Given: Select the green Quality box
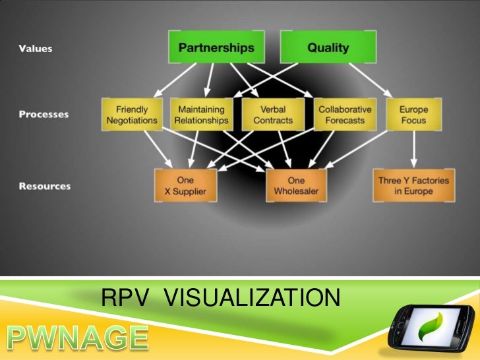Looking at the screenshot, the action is [x=328, y=48].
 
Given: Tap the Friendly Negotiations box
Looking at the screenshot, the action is [x=132, y=115].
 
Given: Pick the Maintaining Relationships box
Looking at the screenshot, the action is [x=201, y=115].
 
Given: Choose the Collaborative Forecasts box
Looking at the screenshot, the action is [x=345, y=115].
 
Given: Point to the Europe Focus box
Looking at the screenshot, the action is [x=413, y=115].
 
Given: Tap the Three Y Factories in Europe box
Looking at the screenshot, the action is [x=413, y=185].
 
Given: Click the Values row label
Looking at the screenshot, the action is [x=36, y=49].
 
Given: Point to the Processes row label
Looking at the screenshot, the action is [x=44, y=114].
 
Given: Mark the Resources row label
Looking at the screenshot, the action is [x=45, y=186].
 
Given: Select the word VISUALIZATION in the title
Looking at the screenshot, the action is [x=251, y=301].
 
